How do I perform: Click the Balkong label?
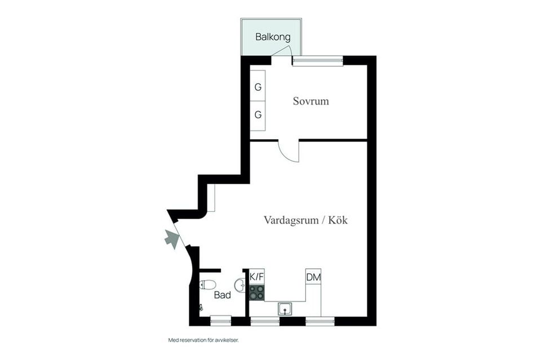(x=273, y=38)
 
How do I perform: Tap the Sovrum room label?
(x=311, y=102)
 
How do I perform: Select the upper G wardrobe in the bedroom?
(x=258, y=87)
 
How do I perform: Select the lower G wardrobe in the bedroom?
(x=258, y=115)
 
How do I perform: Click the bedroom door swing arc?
(x=291, y=153)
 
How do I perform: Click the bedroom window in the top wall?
(x=318, y=60)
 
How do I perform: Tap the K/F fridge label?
(x=257, y=277)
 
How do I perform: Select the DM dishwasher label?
(x=313, y=277)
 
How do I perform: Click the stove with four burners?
(x=257, y=292)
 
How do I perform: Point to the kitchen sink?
(x=285, y=309)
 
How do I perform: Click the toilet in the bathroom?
(x=207, y=285)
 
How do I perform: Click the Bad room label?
(x=223, y=295)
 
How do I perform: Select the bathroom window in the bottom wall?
(x=220, y=321)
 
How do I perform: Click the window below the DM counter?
(x=320, y=321)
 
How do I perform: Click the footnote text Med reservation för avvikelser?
(x=207, y=340)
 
